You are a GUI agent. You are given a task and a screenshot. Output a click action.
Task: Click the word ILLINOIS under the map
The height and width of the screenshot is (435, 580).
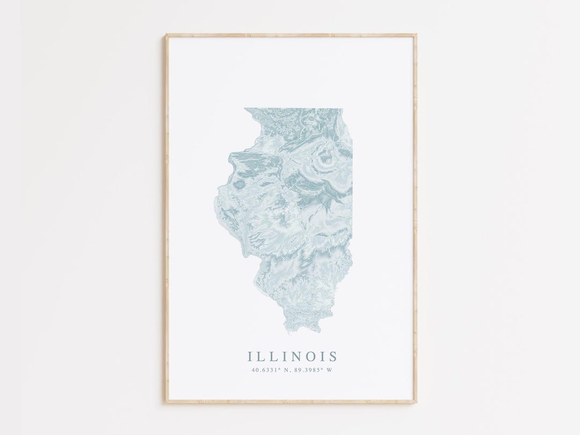coord(293,356)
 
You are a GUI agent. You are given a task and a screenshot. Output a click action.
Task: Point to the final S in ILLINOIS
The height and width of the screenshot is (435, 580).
coord(334,356)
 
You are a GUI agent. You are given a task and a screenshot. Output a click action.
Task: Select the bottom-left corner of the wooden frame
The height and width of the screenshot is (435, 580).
coord(167,402)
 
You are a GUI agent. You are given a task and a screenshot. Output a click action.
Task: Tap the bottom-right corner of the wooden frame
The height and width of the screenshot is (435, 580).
coord(416,402)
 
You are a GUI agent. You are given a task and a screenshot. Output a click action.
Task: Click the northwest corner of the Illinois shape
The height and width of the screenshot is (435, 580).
coord(245,109)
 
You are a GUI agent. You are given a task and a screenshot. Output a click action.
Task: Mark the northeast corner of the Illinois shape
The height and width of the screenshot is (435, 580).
coord(340,109)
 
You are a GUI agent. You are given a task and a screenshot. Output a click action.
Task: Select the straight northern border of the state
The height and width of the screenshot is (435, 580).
coord(293,108)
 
